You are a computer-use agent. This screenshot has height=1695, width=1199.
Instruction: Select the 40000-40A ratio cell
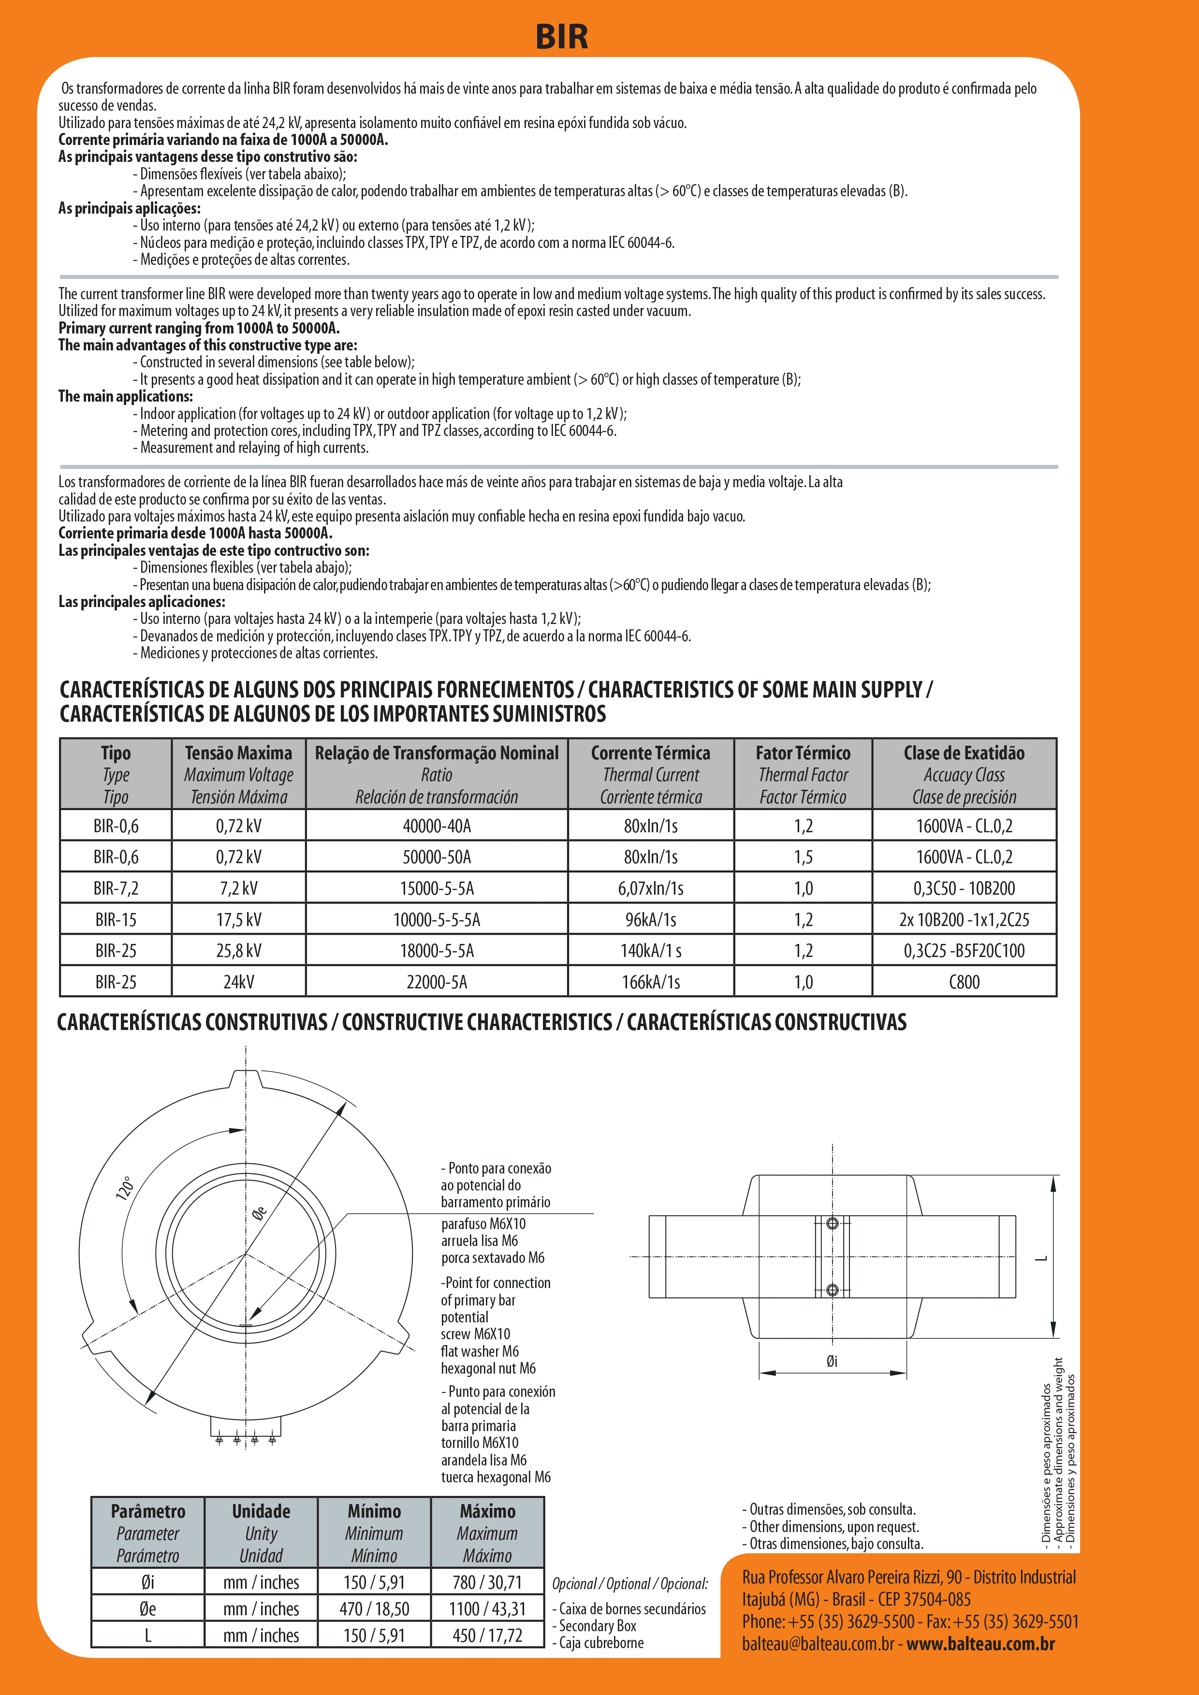[x=437, y=826]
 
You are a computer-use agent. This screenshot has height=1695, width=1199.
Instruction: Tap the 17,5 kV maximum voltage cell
[x=238, y=920]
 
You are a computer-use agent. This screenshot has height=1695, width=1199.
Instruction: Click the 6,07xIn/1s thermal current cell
[x=650, y=889]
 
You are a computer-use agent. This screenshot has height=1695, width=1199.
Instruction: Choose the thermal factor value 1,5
[x=803, y=857]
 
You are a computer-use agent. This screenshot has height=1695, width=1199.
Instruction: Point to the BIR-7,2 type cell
[x=116, y=889]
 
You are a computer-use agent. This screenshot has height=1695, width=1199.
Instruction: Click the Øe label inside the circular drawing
[x=259, y=1213]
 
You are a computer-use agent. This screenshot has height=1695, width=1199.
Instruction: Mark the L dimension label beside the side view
[x=1042, y=1259]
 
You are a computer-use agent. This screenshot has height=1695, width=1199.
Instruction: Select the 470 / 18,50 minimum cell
[x=374, y=1608]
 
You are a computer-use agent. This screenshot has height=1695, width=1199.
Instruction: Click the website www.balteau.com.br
[x=980, y=1644]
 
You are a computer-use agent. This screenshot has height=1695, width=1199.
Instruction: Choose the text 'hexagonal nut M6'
[x=488, y=1368]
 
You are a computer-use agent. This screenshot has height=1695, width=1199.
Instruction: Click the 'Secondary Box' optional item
[x=597, y=1625]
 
